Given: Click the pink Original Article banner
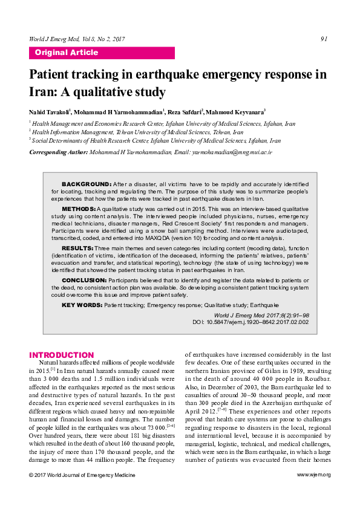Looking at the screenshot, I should click(x=102, y=53).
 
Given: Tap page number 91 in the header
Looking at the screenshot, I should click(x=324, y=39).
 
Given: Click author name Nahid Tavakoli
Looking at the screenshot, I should click(x=49, y=112).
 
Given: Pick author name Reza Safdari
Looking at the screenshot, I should click(x=184, y=112).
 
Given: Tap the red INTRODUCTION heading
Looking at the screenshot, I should click(x=62, y=355).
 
